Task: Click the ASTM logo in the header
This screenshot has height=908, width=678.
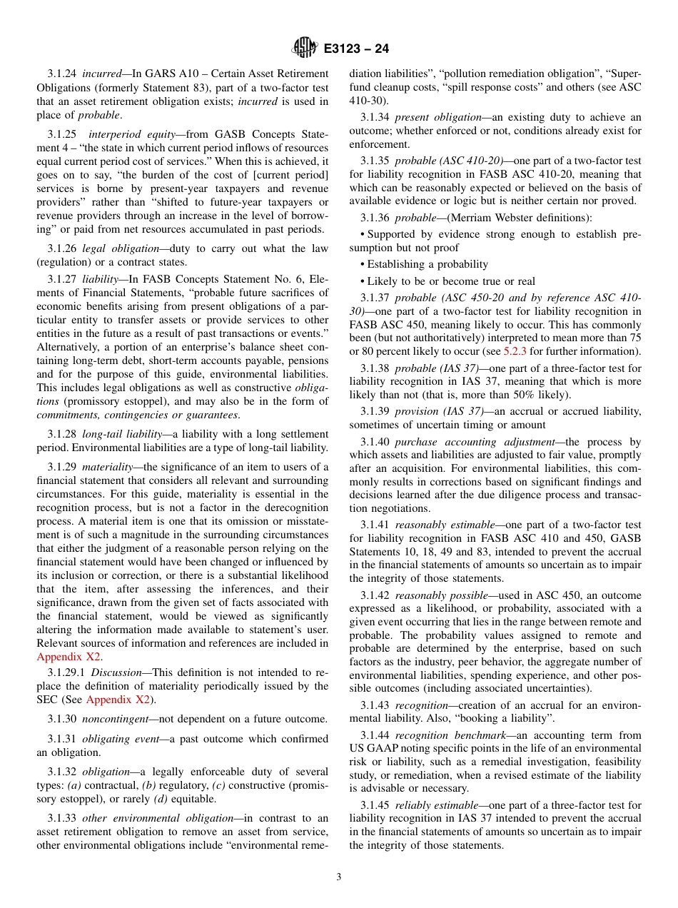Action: (305, 49)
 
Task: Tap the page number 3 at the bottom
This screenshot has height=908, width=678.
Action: (339, 877)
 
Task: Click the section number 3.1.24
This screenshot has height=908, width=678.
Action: (62, 74)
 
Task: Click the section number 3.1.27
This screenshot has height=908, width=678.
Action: (62, 280)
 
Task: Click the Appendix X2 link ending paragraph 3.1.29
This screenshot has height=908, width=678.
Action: (69, 656)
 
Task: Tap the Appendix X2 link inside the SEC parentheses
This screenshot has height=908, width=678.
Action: (118, 699)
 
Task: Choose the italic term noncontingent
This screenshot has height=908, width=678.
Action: (115, 719)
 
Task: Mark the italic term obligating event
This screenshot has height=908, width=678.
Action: (115, 739)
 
